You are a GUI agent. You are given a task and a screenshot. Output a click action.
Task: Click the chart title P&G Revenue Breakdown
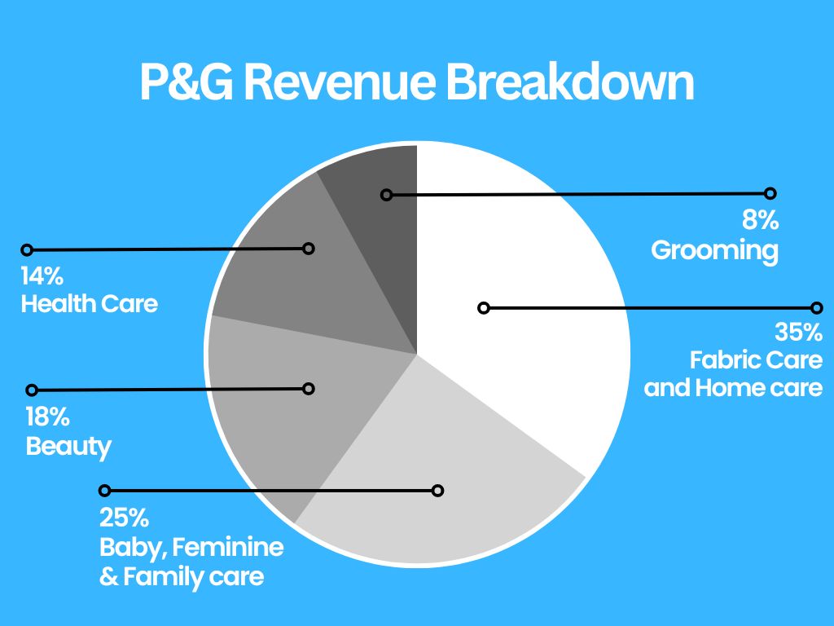[416, 82]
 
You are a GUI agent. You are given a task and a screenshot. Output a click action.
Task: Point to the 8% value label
[761, 221]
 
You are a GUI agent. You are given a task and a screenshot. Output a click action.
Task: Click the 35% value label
[799, 333]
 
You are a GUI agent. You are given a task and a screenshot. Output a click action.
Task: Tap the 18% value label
[47, 418]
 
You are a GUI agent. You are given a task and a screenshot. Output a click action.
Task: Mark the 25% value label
[124, 518]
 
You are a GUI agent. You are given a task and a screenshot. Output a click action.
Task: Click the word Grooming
[714, 249]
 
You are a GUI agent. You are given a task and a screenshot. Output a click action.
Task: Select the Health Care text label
[89, 304]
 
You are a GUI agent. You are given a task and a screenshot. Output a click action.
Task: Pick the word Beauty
[68, 447]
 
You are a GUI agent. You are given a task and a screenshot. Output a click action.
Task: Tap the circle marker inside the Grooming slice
[387, 195]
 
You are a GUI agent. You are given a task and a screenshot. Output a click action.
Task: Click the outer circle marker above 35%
[817, 308]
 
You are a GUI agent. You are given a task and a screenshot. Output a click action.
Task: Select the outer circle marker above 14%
[27, 249]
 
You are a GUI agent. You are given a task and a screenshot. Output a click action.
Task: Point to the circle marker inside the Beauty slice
[308, 389]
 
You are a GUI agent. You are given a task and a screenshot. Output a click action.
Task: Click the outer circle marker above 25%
[104, 491]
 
